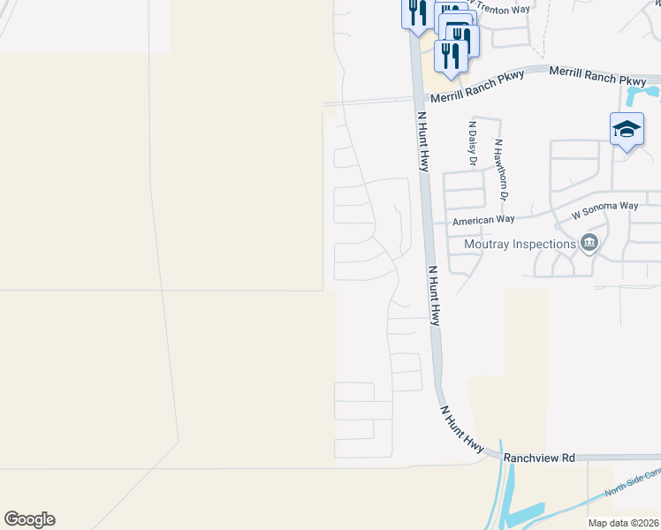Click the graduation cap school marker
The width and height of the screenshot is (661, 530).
627,129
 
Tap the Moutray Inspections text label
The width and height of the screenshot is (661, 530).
519,243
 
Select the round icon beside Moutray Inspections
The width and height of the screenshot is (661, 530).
589,243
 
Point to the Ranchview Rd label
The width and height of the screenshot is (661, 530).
539,458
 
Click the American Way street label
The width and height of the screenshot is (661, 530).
482,221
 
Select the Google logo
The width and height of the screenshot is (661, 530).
29,519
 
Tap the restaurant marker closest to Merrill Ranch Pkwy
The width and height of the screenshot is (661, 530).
452,56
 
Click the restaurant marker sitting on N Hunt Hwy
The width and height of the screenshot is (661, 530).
415,13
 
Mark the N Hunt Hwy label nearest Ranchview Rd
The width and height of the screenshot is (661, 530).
461,430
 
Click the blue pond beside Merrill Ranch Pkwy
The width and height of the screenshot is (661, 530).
641,92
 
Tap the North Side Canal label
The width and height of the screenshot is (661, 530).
631,481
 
